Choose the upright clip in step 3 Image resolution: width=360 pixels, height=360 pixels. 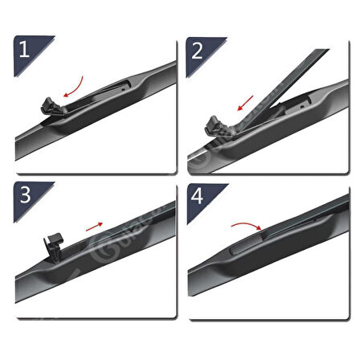tap(53, 241)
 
